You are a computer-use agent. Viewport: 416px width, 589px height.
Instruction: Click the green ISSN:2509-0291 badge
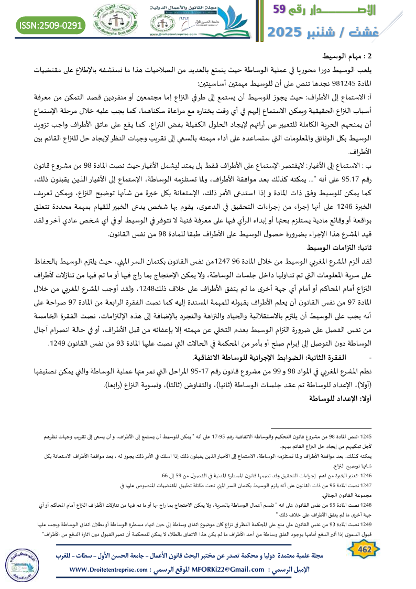click(x=51, y=25)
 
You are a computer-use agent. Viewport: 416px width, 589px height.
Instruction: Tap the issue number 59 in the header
click(x=284, y=9)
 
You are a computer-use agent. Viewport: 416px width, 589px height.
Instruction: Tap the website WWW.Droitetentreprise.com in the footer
click(x=111, y=570)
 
